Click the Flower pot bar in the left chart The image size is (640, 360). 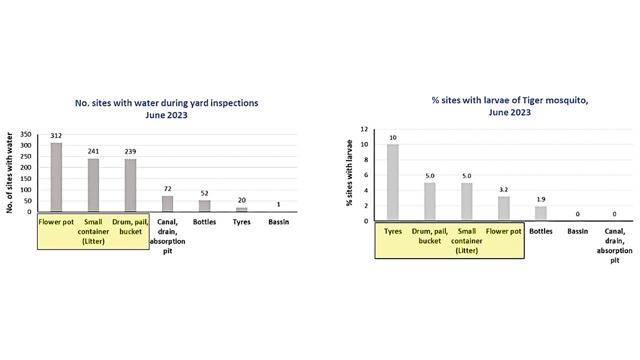pyautogui.click(x=56, y=177)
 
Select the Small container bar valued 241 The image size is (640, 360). pyautogui.click(x=93, y=185)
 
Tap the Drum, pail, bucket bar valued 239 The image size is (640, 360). pyautogui.click(x=130, y=185)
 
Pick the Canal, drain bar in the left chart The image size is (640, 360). pyautogui.click(x=167, y=203)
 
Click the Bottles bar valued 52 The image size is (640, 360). pyautogui.click(x=204, y=206)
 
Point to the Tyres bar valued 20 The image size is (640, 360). pyautogui.click(x=241, y=209)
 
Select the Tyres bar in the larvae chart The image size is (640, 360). pyautogui.click(x=392, y=182)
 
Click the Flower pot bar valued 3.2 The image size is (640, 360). pyautogui.click(x=503, y=208)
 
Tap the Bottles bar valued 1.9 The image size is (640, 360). pyautogui.click(x=540, y=213)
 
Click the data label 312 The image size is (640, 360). pyautogui.click(x=56, y=135)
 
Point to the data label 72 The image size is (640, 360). pyautogui.click(x=167, y=189)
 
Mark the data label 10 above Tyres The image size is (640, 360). pyautogui.click(x=392, y=137)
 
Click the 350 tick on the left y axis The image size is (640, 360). pyautogui.click(x=26, y=134)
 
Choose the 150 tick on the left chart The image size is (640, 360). pyautogui.click(x=26, y=178)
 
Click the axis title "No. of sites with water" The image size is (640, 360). pyautogui.click(x=9, y=172)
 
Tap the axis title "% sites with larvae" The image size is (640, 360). pyautogui.click(x=348, y=175)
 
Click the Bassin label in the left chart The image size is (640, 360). pyautogui.click(x=278, y=221)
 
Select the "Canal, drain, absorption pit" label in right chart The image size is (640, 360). pyautogui.click(x=614, y=246)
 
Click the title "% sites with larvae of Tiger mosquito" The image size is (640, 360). pyautogui.click(x=509, y=100)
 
